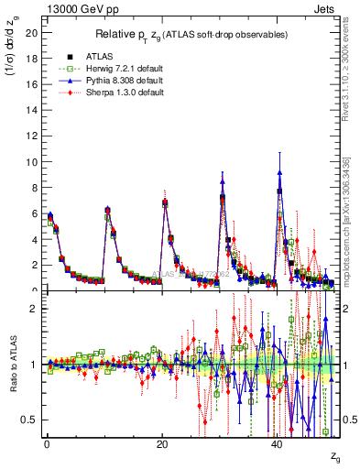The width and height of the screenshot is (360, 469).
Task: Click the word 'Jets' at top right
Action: tap(325, 7)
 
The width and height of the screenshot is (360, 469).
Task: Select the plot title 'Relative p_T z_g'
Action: tap(191, 35)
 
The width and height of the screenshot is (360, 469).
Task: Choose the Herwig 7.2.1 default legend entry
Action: tap(116, 70)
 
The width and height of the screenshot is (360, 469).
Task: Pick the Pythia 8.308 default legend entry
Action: tap(116, 82)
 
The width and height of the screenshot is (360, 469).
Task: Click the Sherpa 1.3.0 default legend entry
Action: tap(116, 93)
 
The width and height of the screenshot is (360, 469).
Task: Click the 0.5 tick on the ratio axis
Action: tap(27, 420)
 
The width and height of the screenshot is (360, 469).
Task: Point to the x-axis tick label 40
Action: tap(278, 442)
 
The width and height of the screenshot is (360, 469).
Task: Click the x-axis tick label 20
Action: tap(162, 442)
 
